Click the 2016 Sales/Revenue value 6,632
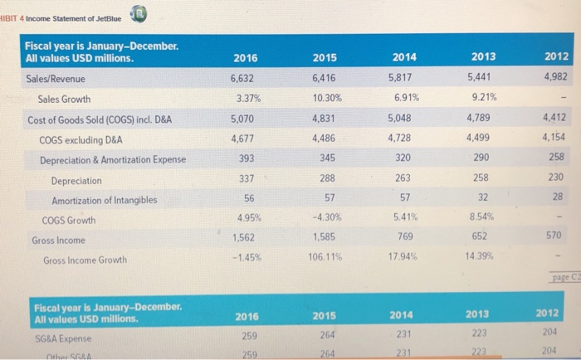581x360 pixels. [x=243, y=79]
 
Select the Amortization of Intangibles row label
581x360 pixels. [x=104, y=200]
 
